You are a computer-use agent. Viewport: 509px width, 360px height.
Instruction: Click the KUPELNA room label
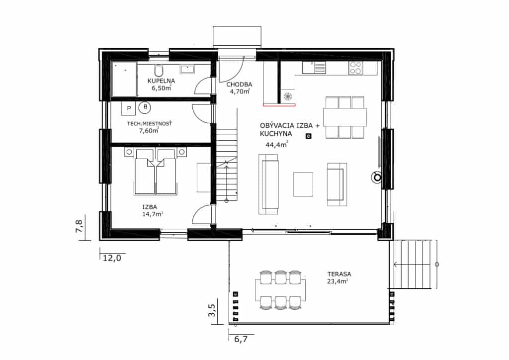pos(162,81)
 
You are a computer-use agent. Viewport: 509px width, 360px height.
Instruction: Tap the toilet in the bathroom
pos(159,71)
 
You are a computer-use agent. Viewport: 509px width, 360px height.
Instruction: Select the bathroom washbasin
pos(187,69)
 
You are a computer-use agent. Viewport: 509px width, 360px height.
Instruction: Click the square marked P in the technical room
pos(129,108)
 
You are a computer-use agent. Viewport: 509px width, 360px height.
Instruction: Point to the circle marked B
pos(145,107)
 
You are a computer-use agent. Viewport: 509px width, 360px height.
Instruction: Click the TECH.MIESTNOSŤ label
pos(149,124)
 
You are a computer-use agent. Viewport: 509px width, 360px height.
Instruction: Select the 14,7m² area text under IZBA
pos(153,214)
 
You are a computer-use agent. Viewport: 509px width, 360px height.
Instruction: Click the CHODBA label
pos(239,85)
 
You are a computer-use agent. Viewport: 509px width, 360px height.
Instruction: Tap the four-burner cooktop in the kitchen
pos(355,68)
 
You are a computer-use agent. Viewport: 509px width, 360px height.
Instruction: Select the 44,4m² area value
pos(277,145)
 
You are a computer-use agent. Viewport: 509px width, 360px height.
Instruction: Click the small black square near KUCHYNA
pos(309,136)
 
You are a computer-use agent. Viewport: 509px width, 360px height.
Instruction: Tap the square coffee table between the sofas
pos(303,184)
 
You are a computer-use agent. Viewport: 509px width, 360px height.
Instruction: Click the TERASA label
pos(339,274)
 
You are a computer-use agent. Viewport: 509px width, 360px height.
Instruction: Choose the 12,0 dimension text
pos(112,258)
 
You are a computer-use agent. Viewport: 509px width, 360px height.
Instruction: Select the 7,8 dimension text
pos(79,226)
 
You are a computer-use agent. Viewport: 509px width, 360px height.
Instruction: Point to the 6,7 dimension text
pos(241,339)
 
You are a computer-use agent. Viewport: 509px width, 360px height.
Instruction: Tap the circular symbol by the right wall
pos(377,177)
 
